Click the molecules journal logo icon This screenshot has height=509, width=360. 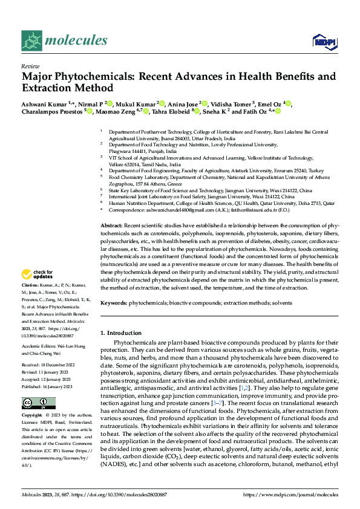31,41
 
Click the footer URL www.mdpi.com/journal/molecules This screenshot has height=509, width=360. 290,494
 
